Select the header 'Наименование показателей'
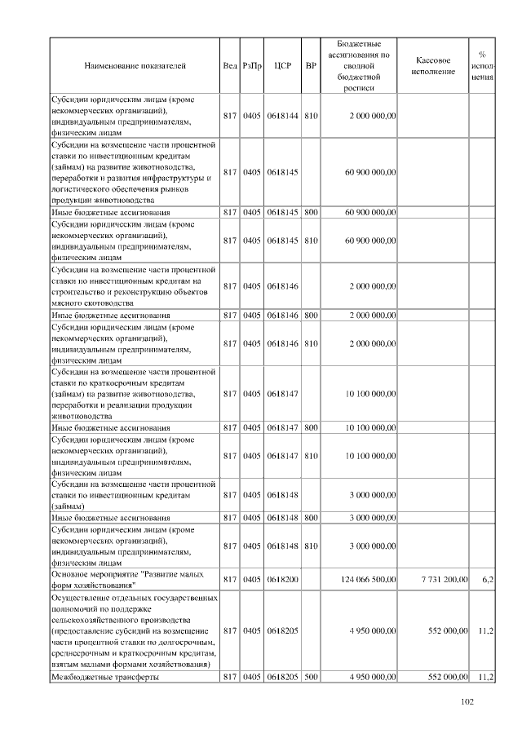pos(135,64)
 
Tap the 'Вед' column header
pos(230,64)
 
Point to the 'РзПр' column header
pos(252,64)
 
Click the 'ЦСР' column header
pos(282,64)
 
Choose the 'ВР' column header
pos(310,64)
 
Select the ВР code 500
pos(310,677)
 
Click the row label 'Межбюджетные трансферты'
pos(105,677)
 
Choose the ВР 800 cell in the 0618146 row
pos(310,314)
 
